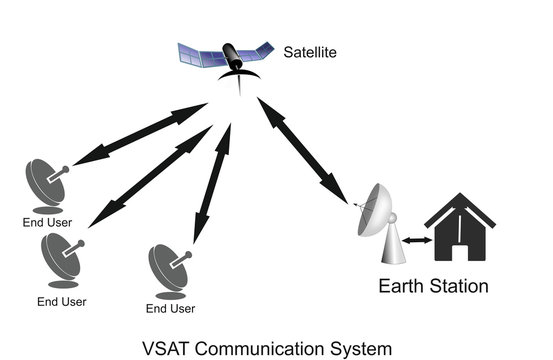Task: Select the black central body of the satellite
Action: coord(230,54)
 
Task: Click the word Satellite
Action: coord(310,49)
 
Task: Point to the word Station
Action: coord(456,286)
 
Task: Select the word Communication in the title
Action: coord(269,348)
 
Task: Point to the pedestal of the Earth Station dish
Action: coord(393,249)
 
